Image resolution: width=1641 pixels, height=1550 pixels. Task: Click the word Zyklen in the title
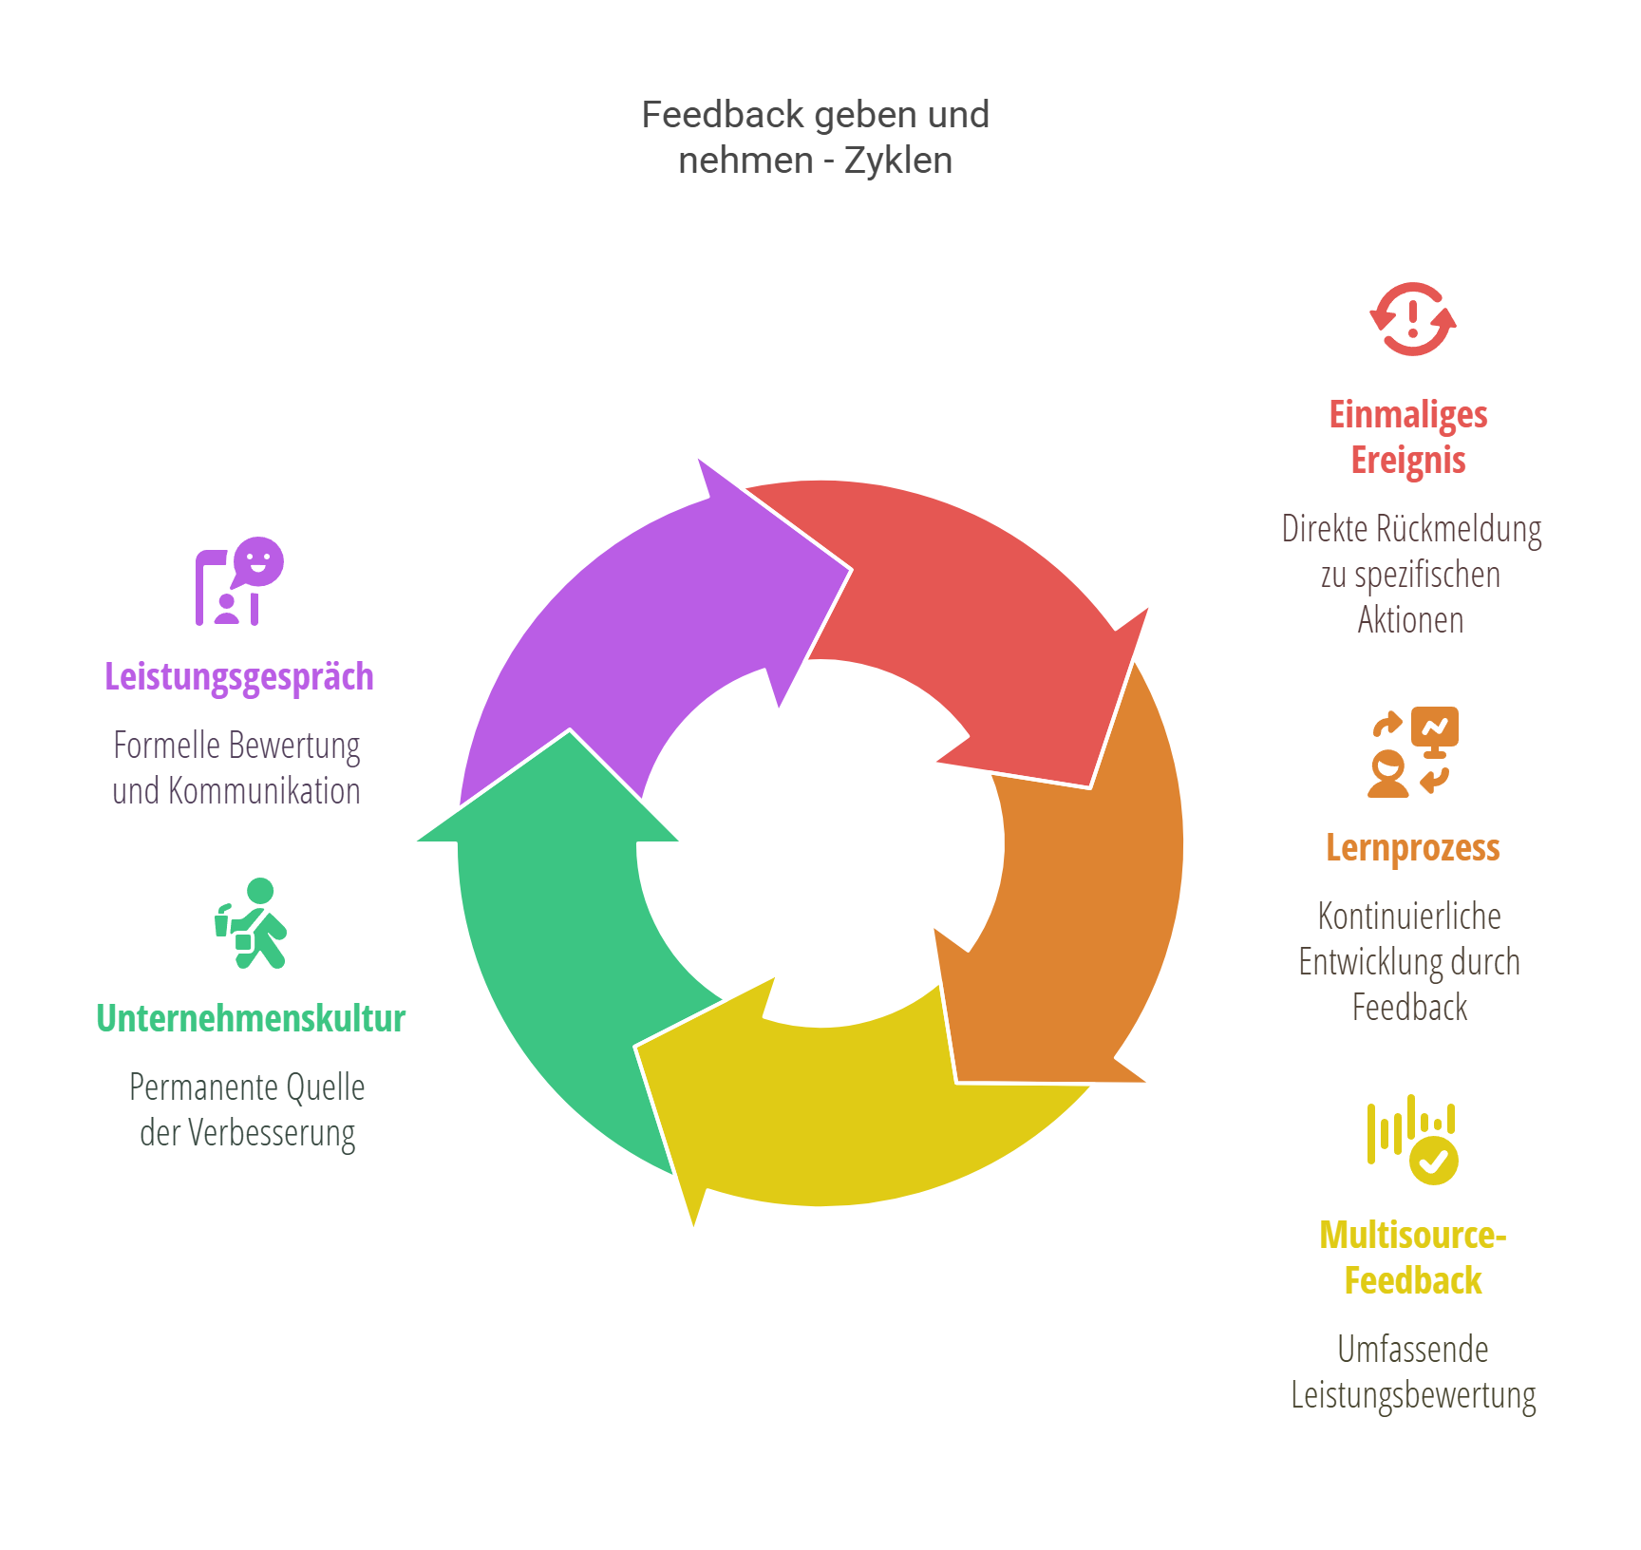(898, 161)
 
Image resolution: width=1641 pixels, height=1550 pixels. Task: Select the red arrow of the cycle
(969, 608)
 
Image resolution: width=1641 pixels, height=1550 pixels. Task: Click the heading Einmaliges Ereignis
(1408, 437)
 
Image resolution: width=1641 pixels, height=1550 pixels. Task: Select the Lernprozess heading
(1412, 847)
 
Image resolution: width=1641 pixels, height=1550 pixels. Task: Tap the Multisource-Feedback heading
(1413, 1257)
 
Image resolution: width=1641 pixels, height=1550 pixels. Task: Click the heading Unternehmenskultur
(251, 1018)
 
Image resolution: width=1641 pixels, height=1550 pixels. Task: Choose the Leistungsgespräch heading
(239, 677)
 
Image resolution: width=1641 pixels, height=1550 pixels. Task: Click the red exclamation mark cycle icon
(1413, 319)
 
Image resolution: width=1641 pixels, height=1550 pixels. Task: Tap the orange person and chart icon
(1413, 752)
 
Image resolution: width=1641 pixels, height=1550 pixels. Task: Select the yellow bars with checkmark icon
(1413, 1140)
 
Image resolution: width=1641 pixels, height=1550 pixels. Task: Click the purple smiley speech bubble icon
(239, 581)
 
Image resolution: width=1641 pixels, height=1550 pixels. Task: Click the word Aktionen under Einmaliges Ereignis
(1410, 620)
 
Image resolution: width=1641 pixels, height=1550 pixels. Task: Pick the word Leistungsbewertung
(1413, 1396)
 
